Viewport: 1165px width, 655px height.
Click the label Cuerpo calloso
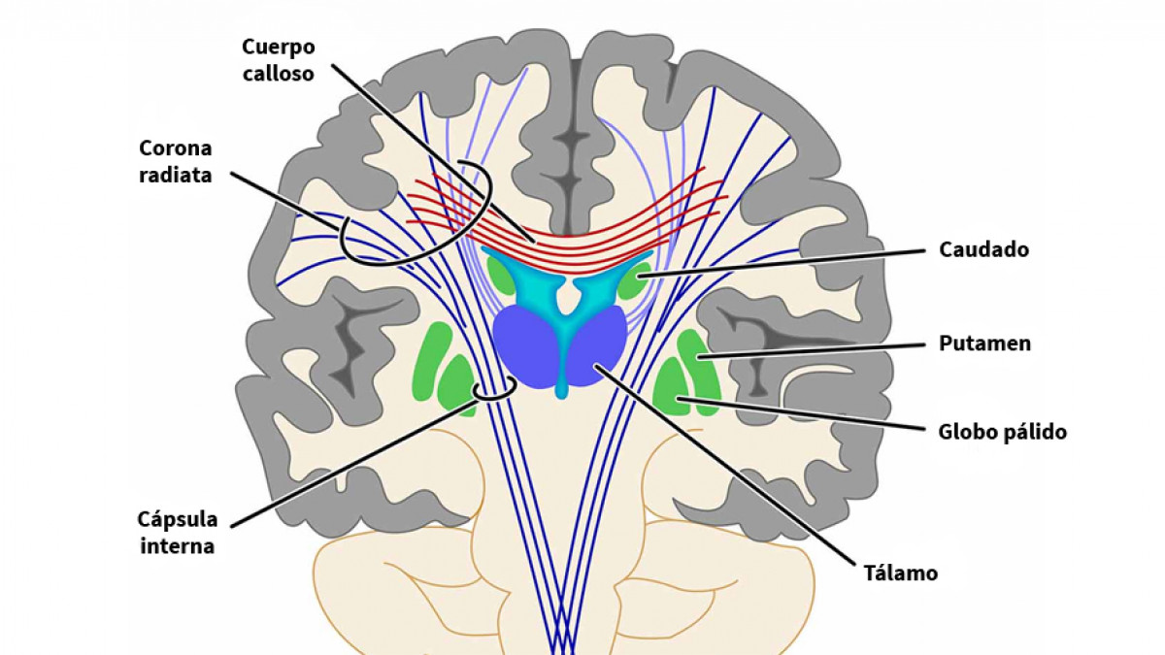[280, 59]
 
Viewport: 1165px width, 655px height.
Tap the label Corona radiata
[175, 162]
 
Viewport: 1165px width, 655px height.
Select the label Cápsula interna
[178, 532]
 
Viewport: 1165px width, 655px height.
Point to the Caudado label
[983, 250]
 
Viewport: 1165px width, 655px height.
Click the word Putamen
[984, 344]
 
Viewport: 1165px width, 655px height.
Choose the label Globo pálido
[1002, 432]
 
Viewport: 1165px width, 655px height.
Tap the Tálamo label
[901, 573]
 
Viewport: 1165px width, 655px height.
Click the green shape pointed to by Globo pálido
[672, 388]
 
